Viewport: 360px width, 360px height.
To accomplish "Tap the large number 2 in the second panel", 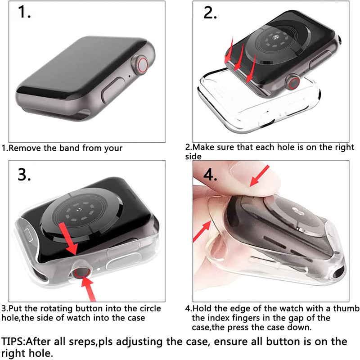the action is pyautogui.click(x=210, y=13).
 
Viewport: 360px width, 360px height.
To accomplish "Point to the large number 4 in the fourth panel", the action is pyautogui.click(x=210, y=175).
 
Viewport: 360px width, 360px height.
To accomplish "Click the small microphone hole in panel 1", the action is pyautogui.click(x=130, y=76).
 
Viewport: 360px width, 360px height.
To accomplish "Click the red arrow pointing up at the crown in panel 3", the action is pyautogui.click(x=88, y=288).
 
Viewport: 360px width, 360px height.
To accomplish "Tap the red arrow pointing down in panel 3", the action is pyautogui.click(x=69, y=239).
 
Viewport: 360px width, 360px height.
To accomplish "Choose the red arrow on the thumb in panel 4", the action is pyautogui.click(x=260, y=175).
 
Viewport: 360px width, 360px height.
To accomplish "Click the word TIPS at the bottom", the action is pyautogui.click(x=13, y=342).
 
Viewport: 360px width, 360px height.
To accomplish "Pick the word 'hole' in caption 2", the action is pyautogui.click(x=286, y=147).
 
